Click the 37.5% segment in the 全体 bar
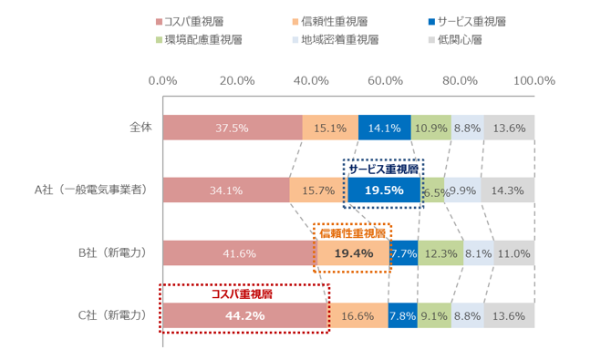point(232,129)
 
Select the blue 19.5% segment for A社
point(383,190)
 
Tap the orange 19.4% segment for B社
point(352,253)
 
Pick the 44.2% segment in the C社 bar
point(244,315)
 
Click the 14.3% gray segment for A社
point(507,190)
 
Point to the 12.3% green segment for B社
point(440,253)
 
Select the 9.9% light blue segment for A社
point(462,190)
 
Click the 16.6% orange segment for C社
point(357,315)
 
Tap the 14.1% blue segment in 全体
point(384,129)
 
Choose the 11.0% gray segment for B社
point(513,253)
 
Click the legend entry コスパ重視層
point(195,20)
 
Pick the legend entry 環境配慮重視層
point(202,40)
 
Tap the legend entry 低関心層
point(456,40)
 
